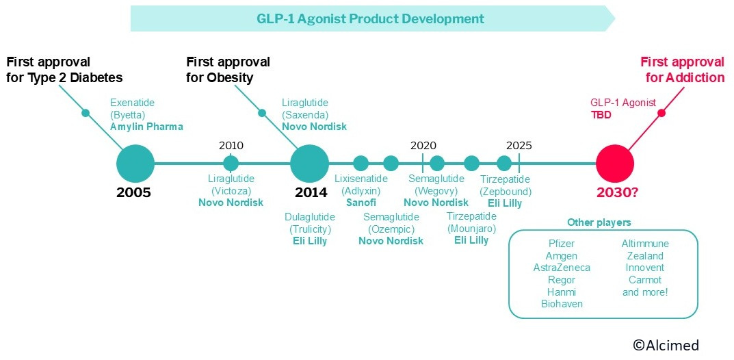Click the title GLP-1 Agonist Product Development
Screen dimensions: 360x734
coord(370,18)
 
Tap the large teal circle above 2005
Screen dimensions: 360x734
coord(135,164)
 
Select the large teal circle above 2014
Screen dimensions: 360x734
coord(310,164)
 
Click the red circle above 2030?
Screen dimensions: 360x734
coord(615,164)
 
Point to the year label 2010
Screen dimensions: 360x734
coord(231,145)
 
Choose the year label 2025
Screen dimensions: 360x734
coord(519,145)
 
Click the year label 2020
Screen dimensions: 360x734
coord(423,145)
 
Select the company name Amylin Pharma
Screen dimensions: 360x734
coord(146,127)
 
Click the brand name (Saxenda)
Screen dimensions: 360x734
coord(305,115)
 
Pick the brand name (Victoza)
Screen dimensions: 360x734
coord(231,190)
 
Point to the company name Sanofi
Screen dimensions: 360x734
coord(361,203)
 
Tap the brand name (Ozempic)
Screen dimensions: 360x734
coord(391,229)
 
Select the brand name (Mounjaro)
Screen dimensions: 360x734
coord(471,229)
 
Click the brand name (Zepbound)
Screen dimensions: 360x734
coord(506,191)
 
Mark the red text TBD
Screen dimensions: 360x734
coord(601,115)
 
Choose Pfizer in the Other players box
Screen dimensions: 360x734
coord(561,244)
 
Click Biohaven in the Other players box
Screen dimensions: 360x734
coord(562,304)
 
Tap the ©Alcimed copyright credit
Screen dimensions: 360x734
coord(666,345)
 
